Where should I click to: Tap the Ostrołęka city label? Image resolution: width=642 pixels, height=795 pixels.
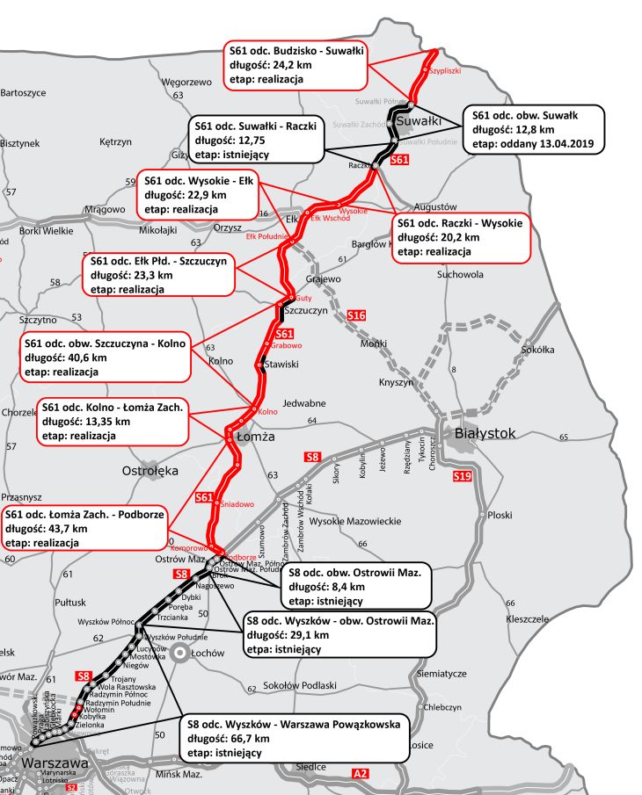pyautogui.click(x=150, y=471)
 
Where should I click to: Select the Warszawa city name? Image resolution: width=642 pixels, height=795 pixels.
pyautogui.click(x=55, y=763)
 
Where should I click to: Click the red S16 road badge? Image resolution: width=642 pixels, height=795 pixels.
pyautogui.click(x=356, y=315)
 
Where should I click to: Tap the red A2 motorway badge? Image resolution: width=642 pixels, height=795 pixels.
pyautogui.click(x=360, y=773)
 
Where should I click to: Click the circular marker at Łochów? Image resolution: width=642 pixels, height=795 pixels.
pyautogui.click(x=179, y=653)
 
